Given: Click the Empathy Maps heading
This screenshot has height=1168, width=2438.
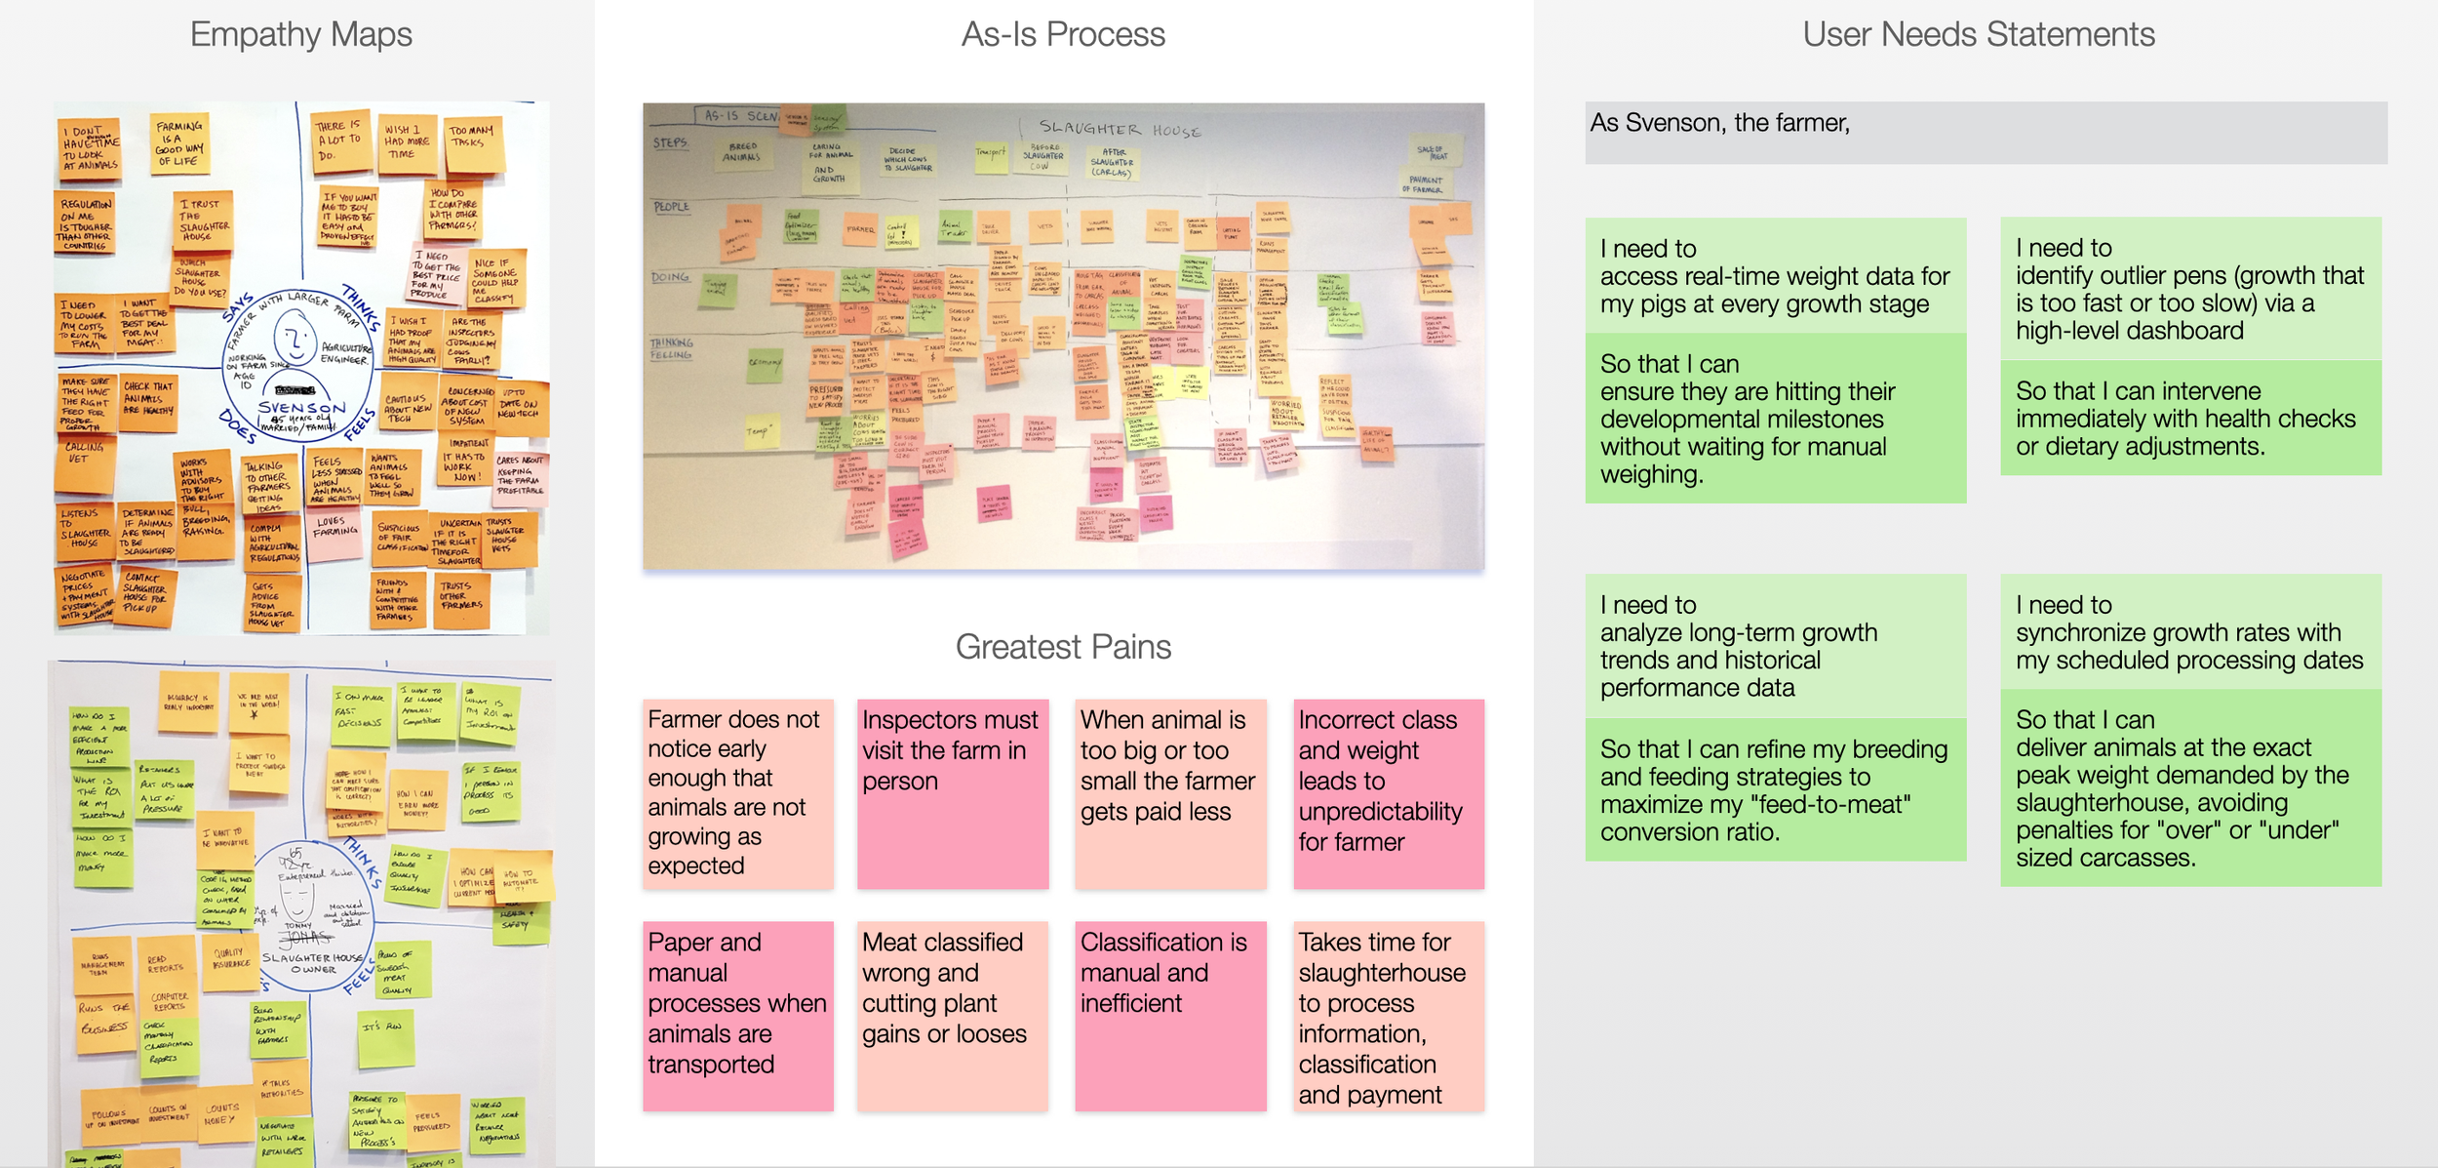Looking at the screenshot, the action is click(300, 35).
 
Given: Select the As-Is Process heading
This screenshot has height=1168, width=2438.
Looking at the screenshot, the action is click(1063, 35).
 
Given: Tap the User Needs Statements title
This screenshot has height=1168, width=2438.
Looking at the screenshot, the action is click(1978, 35).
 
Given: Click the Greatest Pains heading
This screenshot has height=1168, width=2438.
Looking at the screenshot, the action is click(1063, 647).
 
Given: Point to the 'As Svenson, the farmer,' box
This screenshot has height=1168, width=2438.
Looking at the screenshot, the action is click(1986, 133).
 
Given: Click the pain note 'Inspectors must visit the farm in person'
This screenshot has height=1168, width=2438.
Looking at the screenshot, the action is click(953, 792).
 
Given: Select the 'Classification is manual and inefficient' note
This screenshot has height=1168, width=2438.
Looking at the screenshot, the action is click(1170, 1015).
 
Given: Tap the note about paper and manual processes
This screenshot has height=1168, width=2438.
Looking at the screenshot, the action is click(737, 1015).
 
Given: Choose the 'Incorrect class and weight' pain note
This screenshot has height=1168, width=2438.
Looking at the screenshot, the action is click(1389, 792).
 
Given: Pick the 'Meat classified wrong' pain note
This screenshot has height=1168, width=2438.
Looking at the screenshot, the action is click(953, 1015).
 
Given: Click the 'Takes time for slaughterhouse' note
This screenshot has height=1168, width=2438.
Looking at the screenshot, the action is click(1389, 1015).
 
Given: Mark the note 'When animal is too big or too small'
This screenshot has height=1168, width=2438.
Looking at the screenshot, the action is click(1170, 792).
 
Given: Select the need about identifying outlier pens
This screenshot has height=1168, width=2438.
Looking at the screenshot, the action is click(2190, 289).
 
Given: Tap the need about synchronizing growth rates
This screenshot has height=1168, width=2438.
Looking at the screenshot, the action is click(2190, 633).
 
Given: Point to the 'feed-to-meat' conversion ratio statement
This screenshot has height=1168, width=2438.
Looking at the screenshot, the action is click(1775, 789).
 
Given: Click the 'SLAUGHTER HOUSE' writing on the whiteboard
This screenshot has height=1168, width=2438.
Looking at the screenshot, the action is click(1119, 129).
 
